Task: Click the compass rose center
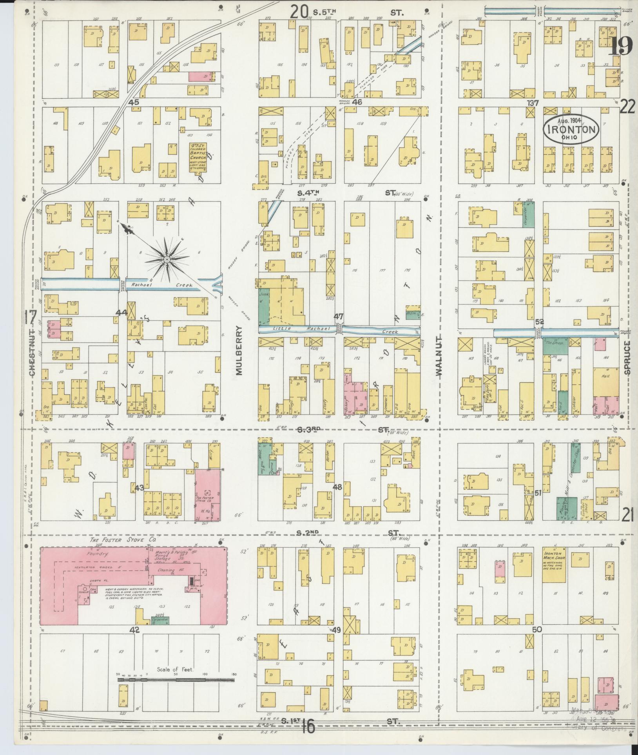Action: pyautogui.click(x=167, y=259)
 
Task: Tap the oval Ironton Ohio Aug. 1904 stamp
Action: pyautogui.click(x=571, y=129)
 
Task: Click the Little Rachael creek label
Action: pyautogui.click(x=292, y=328)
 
